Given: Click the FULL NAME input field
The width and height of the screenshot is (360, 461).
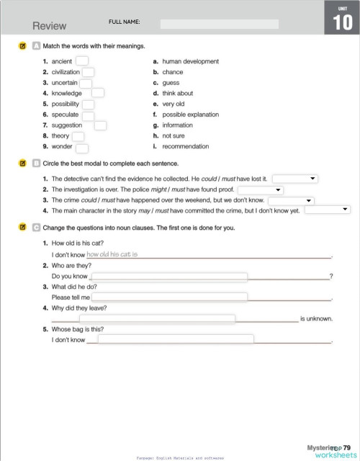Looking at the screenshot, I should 219,24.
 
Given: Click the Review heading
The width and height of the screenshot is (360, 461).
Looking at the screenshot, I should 49,26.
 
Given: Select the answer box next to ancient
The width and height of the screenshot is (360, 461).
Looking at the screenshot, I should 82,61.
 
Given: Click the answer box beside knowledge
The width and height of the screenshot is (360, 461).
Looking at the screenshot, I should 98,93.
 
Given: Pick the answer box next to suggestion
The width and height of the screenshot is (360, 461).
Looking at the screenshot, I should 100,125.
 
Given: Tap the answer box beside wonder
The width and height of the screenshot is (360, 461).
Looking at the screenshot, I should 82,147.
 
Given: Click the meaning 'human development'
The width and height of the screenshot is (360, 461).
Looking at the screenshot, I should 190,62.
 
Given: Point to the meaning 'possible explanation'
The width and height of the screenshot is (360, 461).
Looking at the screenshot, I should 190,115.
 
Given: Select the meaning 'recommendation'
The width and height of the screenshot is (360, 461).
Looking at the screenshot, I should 186,146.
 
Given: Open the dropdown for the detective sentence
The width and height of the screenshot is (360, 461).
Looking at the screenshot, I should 295,178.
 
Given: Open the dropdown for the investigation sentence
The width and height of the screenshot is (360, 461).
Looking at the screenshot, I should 259,189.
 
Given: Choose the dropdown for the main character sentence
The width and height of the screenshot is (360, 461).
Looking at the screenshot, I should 327,210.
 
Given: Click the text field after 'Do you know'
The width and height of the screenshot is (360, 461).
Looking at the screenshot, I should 168,277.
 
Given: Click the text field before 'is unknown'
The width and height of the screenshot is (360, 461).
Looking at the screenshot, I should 157,318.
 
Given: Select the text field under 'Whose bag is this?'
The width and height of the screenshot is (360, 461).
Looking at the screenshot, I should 176,339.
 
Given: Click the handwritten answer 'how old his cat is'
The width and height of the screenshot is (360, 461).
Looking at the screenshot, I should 112,254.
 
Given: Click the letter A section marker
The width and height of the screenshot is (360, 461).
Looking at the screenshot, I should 36,45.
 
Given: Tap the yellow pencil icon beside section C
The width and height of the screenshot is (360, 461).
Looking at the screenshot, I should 22,228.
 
